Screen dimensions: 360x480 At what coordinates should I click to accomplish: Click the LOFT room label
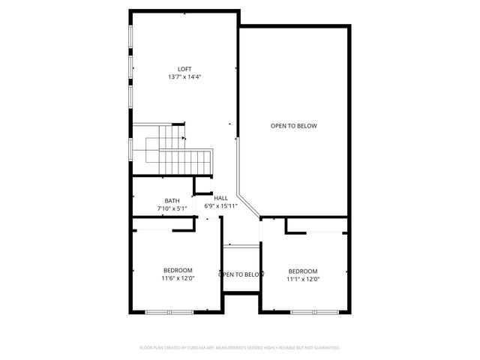(184, 69)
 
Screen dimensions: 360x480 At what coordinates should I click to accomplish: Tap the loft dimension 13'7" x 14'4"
(184, 76)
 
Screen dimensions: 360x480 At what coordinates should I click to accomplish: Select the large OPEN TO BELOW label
(294, 126)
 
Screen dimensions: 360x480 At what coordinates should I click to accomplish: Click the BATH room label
(172, 200)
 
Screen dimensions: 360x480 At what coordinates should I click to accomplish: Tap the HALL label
(220, 198)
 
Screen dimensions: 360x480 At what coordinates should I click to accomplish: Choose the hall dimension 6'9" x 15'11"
(221, 205)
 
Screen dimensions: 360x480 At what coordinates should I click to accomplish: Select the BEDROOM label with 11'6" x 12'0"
(178, 270)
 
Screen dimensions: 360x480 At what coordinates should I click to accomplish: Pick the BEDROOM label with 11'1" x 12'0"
(303, 271)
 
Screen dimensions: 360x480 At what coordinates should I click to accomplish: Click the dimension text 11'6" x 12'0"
(178, 278)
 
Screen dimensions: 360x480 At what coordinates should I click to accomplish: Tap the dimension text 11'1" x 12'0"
(303, 279)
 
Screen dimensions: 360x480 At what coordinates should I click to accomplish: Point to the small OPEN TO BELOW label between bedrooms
(241, 274)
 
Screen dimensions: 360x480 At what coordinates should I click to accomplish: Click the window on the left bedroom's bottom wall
(169, 311)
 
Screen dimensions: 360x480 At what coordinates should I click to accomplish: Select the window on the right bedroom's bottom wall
(311, 311)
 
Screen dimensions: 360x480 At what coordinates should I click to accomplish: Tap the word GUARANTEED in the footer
(325, 348)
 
